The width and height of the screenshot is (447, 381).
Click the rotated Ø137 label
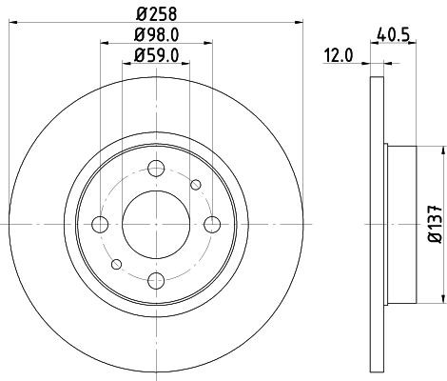tap(434, 221)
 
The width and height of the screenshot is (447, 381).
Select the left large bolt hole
tap(100, 224)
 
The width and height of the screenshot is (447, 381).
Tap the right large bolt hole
tap(209, 224)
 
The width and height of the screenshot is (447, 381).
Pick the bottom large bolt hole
tap(154, 278)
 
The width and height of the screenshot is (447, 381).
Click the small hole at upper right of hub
tap(196, 185)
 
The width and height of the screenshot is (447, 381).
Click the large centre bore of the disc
tap(154, 224)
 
